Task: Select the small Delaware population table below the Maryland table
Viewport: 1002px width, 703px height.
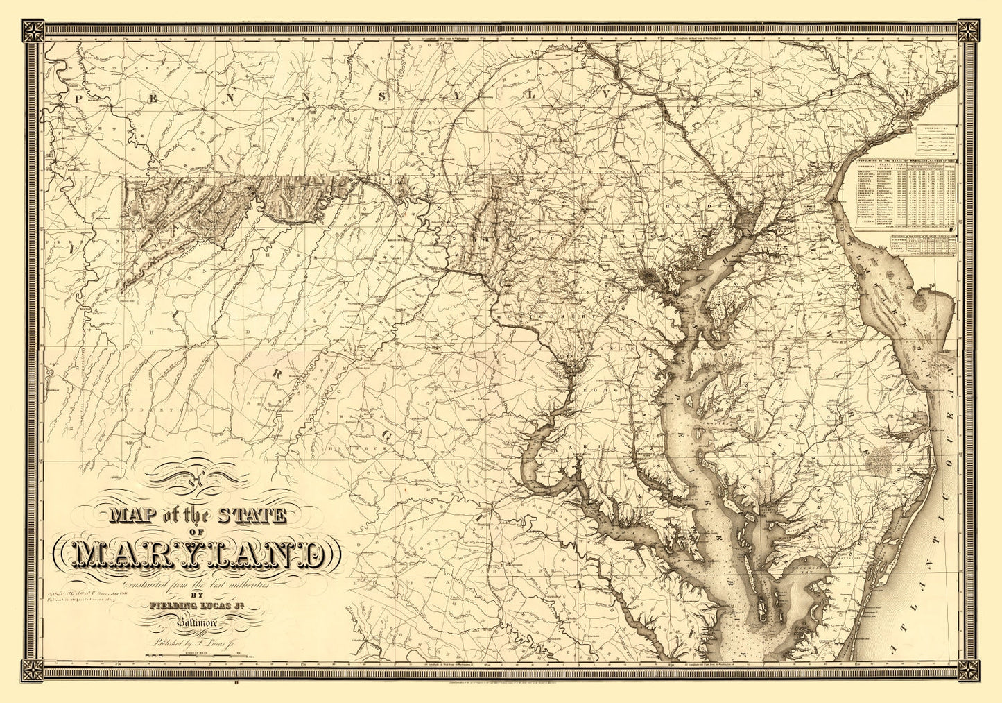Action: (x=922, y=246)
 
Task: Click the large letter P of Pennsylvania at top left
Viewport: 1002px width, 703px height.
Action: (x=78, y=98)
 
